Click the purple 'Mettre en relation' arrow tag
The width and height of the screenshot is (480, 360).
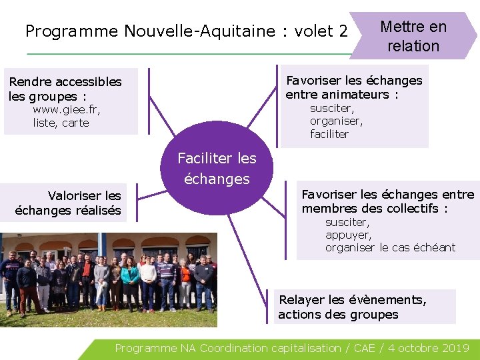[x=413, y=36]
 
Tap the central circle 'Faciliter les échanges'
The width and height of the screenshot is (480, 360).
[x=217, y=168]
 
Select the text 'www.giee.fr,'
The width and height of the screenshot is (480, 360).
[x=66, y=110]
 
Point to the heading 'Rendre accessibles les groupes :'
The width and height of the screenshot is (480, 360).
[x=65, y=89]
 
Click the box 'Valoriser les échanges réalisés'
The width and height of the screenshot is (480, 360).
[x=69, y=203]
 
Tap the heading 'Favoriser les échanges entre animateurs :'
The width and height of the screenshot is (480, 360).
[x=353, y=87]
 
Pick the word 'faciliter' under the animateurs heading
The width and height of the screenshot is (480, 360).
[x=329, y=134]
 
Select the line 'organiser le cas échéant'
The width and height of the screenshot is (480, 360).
[x=390, y=247]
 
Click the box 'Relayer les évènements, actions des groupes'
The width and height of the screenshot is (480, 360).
[x=365, y=307]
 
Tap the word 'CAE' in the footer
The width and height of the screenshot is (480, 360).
[x=365, y=348]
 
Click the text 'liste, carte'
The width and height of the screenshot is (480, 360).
[x=61, y=123]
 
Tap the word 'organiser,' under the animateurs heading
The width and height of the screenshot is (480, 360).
[x=336, y=121]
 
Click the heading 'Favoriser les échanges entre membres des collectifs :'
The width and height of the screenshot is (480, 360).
[x=387, y=201]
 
